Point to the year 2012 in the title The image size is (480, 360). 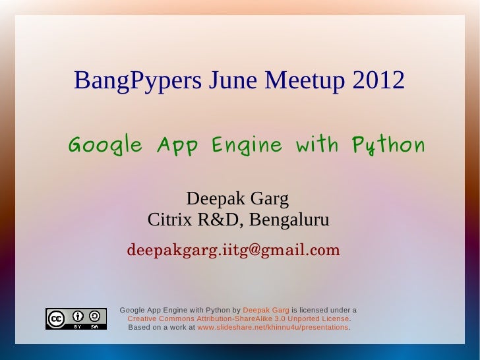(x=378, y=81)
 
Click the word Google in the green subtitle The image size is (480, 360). (x=105, y=146)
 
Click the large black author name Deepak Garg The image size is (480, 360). (x=237, y=198)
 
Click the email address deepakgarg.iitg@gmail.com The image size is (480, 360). (x=233, y=251)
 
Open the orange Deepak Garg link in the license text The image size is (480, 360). (x=266, y=309)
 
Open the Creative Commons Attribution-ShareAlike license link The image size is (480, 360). (x=237, y=318)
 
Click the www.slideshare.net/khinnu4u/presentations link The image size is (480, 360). (x=272, y=327)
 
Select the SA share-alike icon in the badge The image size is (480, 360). (x=96, y=316)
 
